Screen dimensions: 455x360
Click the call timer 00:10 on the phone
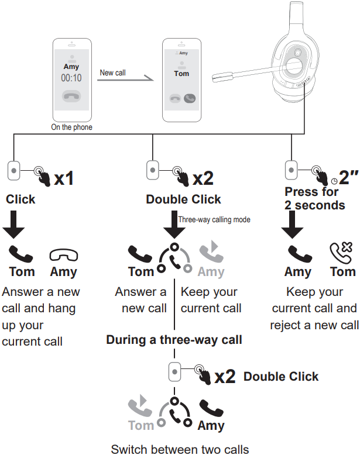coord(71,78)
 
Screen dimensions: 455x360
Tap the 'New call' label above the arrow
coord(112,73)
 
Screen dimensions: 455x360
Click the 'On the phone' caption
coord(71,127)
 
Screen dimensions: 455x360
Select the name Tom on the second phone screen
coord(181,74)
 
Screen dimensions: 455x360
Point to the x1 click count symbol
coord(64,178)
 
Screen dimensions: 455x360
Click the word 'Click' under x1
coord(20,199)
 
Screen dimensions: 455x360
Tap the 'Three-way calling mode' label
coord(214,220)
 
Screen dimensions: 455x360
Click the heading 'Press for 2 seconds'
coord(315,199)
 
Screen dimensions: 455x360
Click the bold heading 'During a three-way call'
coord(174,339)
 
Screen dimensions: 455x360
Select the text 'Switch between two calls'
coord(180,449)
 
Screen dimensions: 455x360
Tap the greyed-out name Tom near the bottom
coord(140,425)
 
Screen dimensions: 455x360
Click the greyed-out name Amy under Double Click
coord(211,271)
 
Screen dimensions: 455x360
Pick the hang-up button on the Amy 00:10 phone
coord(71,97)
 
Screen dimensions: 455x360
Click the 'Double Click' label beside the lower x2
coord(281,376)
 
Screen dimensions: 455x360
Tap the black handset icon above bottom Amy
coord(211,407)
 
